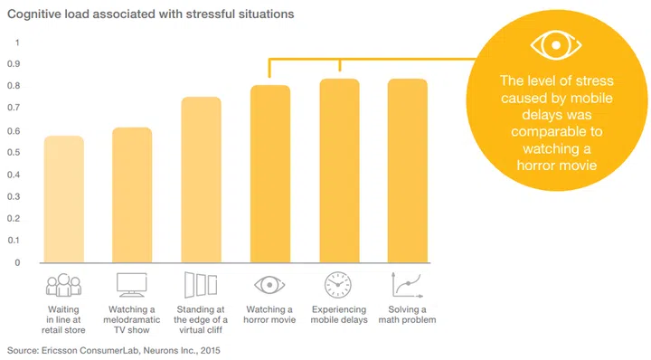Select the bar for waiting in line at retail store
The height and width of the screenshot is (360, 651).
(x=63, y=199)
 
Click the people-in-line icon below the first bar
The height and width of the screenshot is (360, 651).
(x=63, y=285)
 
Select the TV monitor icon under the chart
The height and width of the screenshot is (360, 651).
(x=132, y=285)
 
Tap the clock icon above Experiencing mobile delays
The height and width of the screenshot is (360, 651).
(x=339, y=285)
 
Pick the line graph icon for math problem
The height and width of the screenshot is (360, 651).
(x=408, y=285)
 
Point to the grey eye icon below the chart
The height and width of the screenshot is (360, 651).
(x=269, y=285)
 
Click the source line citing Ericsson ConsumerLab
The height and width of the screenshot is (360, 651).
(x=113, y=348)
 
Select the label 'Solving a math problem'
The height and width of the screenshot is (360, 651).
(x=408, y=315)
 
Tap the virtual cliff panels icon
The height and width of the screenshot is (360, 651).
(x=201, y=285)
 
